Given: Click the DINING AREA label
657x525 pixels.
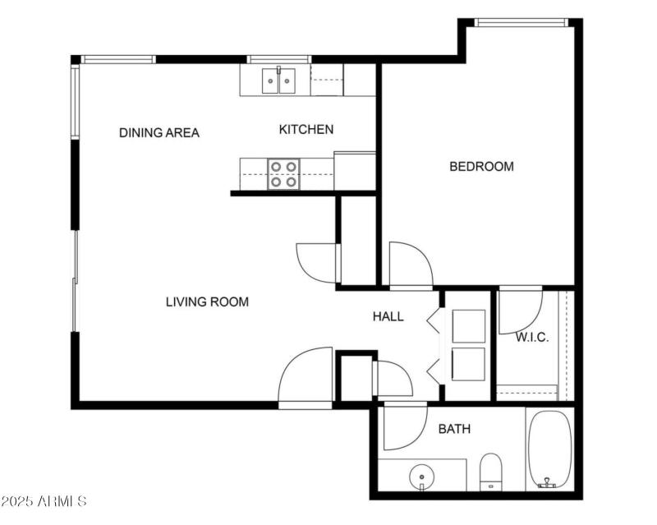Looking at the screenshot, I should [159, 132].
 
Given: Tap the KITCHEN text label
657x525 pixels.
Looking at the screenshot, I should [306, 129].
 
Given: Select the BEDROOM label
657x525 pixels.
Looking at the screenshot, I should [481, 167].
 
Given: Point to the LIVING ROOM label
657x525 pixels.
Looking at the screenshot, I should [207, 302].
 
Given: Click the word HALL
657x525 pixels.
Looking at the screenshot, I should [388, 316].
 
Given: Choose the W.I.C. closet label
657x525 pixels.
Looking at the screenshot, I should [531, 338].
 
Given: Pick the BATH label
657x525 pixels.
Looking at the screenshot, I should [454, 429].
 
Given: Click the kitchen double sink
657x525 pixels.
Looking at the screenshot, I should [279, 81].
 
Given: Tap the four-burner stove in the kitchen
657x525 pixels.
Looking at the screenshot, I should [283, 173].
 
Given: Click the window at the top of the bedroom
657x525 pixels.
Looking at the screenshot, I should [521, 23].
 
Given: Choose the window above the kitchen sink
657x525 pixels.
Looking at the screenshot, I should [279, 59].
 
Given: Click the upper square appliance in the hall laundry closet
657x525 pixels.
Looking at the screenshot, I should [469, 327].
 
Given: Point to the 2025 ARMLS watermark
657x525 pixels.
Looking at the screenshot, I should [44, 500].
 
